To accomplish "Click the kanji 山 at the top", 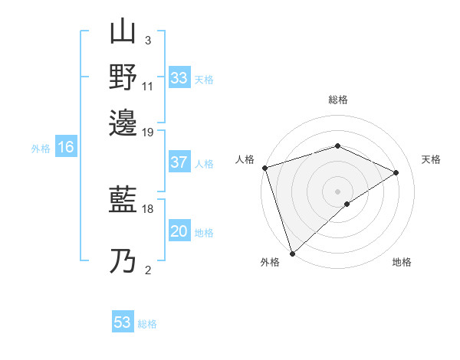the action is (x=123, y=34).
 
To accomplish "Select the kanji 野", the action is (x=123, y=77).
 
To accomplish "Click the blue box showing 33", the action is (x=179, y=78).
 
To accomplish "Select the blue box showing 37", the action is (x=179, y=162).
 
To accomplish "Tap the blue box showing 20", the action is (x=179, y=232).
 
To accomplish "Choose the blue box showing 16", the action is (x=66, y=148).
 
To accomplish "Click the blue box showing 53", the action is (x=123, y=322).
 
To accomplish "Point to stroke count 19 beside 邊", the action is (x=148, y=132).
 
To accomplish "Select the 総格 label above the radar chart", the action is (x=338, y=100).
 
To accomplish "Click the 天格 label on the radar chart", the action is (x=431, y=159).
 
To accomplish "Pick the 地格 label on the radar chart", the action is (x=402, y=262).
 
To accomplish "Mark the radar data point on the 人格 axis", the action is (x=264, y=168).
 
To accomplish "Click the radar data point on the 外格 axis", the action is (x=292, y=254).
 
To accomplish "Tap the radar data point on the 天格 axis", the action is (x=396, y=172).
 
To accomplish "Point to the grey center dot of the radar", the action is (x=337, y=191).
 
